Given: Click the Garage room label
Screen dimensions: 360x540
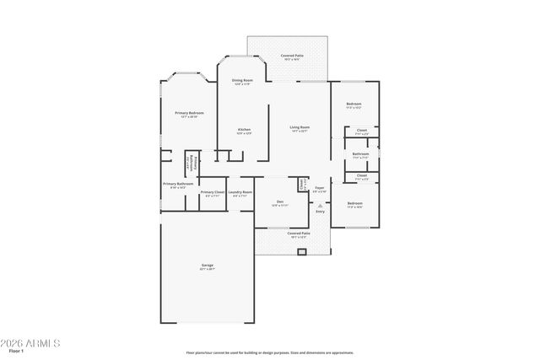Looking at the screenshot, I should coord(207,266).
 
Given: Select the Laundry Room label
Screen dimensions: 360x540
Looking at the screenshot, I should coord(240,192).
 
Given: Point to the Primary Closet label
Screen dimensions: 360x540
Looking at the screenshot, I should coord(213,192).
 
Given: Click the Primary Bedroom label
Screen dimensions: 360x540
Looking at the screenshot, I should coord(189,113).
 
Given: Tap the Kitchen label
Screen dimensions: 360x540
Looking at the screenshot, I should coord(243,129).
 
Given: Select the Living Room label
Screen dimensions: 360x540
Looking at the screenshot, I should coord(300,127).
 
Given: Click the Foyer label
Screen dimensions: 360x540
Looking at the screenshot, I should coord(320,188).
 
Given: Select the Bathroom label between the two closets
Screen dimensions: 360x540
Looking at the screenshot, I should coord(361,153).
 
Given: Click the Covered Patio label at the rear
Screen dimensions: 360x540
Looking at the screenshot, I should coord(293,56).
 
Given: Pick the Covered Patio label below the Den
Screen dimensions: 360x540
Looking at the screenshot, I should coord(299,234).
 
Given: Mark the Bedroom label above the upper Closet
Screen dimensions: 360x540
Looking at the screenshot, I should coord(354,105).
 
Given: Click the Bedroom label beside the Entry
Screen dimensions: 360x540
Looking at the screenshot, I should coord(354,203).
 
